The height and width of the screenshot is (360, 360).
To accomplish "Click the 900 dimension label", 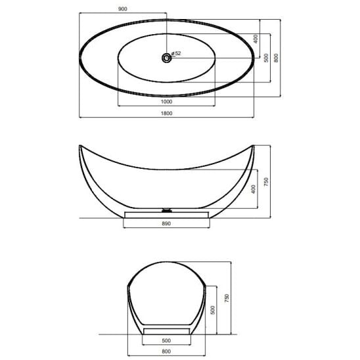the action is pyautogui.click(x=122, y=9).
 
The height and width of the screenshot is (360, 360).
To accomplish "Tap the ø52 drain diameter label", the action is pyautogui.click(x=176, y=53).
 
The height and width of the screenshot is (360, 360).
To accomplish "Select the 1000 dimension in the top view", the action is pyautogui.click(x=166, y=101).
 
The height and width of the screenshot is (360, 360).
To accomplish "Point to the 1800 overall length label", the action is pyautogui.click(x=166, y=113).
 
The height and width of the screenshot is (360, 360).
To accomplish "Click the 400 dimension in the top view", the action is pyautogui.click(x=256, y=39).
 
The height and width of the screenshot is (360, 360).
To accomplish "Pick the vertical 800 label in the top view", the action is pyautogui.click(x=276, y=58).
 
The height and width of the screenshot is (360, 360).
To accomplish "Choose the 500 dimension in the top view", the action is pyautogui.click(x=266, y=58).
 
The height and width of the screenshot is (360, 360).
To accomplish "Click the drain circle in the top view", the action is pyautogui.click(x=166, y=58).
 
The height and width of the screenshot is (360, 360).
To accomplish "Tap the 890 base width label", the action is pyautogui.click(x=166, y=223).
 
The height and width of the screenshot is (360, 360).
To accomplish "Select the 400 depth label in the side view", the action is pyautogui.click(x=254, y=189).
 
